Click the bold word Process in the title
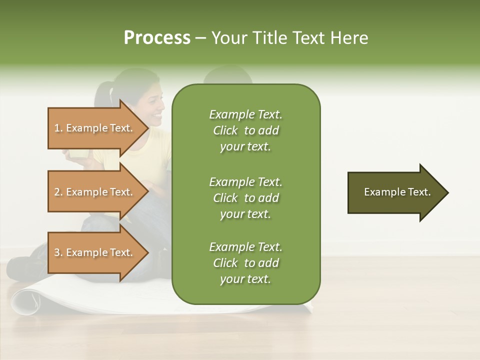[x=157, y=38]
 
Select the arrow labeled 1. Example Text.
[x=95, y=128]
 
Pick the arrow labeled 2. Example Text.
[x=95, y=192]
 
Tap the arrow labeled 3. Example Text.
[x=95, y=252]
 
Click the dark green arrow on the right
[x=395, y=192]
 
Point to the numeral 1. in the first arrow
[x=58, y=128]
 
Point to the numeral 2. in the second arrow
[x=58, y=192]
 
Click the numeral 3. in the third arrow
[x=58, y=252]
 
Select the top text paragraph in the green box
[x=245, y=130]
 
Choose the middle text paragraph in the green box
[x=245, y=197]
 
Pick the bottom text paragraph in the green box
[x=245, y=263]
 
